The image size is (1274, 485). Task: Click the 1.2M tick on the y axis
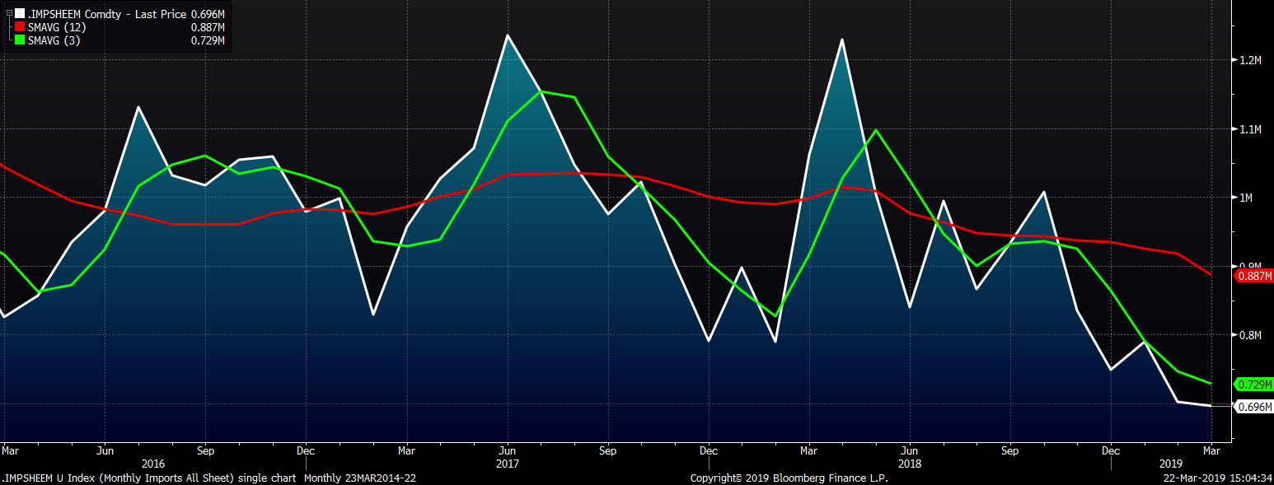tap(1251, 60)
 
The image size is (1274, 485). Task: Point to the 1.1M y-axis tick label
tap(1251, 129)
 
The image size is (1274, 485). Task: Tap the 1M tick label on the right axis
tap(1247, 198)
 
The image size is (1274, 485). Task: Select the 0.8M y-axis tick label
tap(1251, 335)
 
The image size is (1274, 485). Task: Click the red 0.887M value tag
tap(1254, 277)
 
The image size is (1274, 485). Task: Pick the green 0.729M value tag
tap(1254, 385)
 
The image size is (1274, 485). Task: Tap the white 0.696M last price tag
tap(1254, 407)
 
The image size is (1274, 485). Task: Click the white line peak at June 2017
tap(507, 35)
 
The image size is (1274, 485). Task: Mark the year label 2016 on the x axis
tap(153, 464)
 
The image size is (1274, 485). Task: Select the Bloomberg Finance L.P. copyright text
tap(789, 478)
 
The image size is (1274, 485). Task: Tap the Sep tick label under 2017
tap(608, 451)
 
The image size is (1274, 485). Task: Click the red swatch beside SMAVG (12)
tap(20, 27)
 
